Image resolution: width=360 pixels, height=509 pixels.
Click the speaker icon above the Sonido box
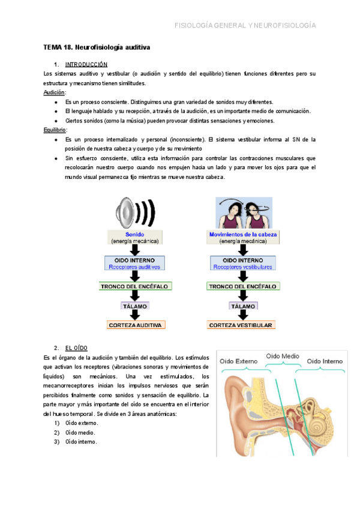point(135,212)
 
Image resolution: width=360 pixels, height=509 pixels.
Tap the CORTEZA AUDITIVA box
point(135,325)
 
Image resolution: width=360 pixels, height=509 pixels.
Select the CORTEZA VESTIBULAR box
point(242,325)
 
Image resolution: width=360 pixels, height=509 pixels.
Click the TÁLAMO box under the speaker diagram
point(135,306)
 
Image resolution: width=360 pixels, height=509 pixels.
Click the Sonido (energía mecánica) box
point(135,238)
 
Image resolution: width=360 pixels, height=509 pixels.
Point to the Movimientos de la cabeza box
point(244,238)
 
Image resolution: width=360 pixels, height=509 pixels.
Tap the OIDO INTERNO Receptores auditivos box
point(135,263)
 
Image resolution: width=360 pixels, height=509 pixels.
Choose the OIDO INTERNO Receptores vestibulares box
point(242,263)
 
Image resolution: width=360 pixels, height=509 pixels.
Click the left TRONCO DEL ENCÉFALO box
point(135,286)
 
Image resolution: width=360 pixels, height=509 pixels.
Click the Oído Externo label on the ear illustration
point(239,361)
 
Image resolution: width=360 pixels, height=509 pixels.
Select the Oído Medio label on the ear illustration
point(283,356)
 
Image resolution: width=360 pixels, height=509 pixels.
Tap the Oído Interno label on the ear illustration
point(325,361)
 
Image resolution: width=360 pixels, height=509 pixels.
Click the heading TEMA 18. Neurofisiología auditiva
point(97,47)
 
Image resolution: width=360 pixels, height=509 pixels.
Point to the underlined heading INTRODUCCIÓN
point(86,64)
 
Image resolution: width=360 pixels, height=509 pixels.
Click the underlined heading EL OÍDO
point(77,348)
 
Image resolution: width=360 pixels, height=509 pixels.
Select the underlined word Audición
point(54,92)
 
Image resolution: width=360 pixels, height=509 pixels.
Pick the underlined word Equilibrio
point(55,130)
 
